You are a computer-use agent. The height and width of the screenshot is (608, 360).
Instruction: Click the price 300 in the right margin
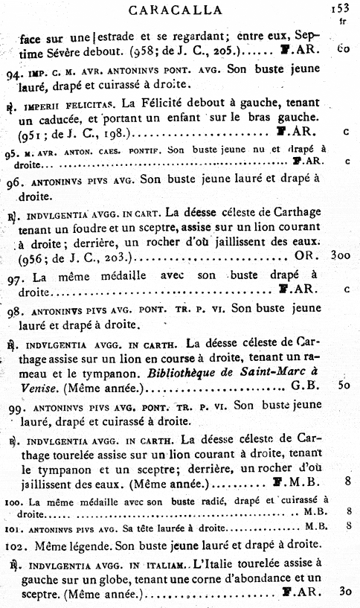(341, 255)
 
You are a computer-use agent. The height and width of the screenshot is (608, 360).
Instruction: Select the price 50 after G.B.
(344, 385)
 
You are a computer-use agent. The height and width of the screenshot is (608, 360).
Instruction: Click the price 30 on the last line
(344, 592)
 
